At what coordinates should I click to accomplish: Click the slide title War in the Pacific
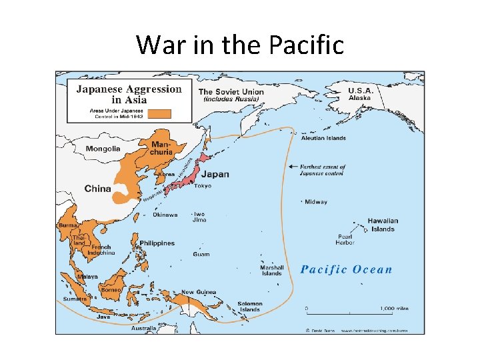click(240, 45)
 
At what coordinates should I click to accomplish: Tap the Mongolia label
click(103, 149)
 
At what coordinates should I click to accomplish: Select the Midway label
click(316, 202)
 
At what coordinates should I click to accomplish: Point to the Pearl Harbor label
click(346, 239)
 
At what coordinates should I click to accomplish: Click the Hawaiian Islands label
click(382, 225)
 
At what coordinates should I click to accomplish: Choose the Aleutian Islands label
click(323, 138)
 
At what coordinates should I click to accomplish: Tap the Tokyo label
click(203, 186)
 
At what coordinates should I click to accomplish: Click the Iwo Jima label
click(199, 217)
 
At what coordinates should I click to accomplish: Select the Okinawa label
click(165, 215)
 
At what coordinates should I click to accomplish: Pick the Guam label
click(201, 254)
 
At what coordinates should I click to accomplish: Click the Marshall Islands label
click(271, 270)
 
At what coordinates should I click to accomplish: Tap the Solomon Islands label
click(250, 307)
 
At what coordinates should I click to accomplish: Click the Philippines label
click(157, 243)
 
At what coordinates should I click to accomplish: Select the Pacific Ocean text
click(346, 269)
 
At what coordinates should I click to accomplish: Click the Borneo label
click(111, 290)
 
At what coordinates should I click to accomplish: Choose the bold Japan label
click(215, 175)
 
